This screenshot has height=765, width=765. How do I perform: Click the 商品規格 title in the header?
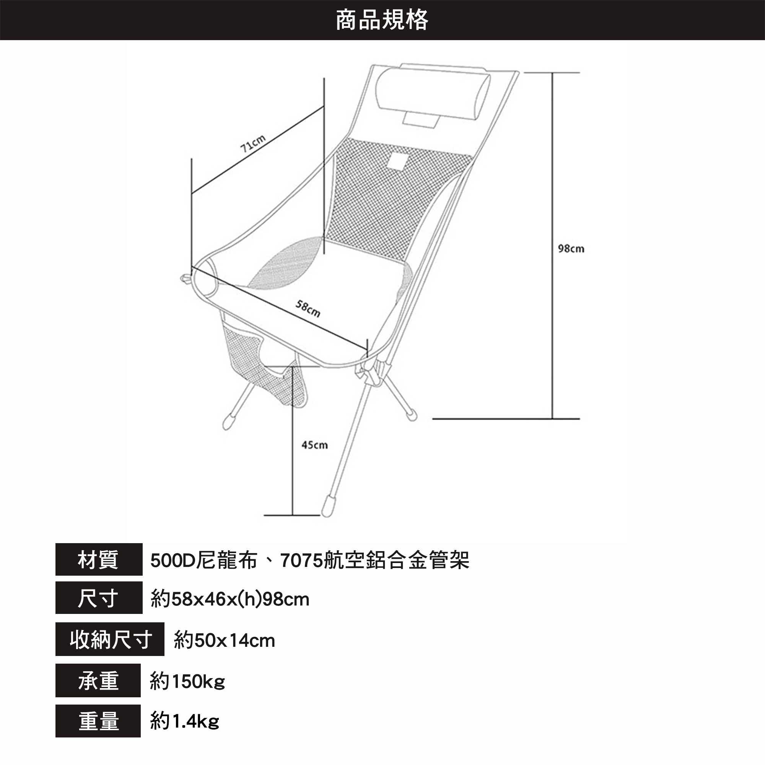click(x=382, y=20)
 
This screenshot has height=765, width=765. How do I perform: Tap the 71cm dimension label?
click(x=252, y=143)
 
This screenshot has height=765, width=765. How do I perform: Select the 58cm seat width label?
click(x=308, y=308)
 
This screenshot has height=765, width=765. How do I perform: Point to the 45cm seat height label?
click(x=314, y=445)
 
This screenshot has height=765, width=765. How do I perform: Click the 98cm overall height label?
click(x=571, y=249)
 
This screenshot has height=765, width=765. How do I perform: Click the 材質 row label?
click(x=99, y=560)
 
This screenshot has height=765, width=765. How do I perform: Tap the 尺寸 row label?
click(x=99, y=598)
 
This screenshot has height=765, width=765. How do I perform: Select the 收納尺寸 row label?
click(x=110, y=639)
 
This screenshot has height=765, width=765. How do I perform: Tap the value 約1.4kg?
click(x=184, y=721)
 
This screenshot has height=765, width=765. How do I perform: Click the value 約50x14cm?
click(x=224, y=640)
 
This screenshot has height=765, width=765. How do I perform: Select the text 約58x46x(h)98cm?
click(x=229, y=599)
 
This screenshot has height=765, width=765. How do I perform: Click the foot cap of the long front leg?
click(x=327, y=506)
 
